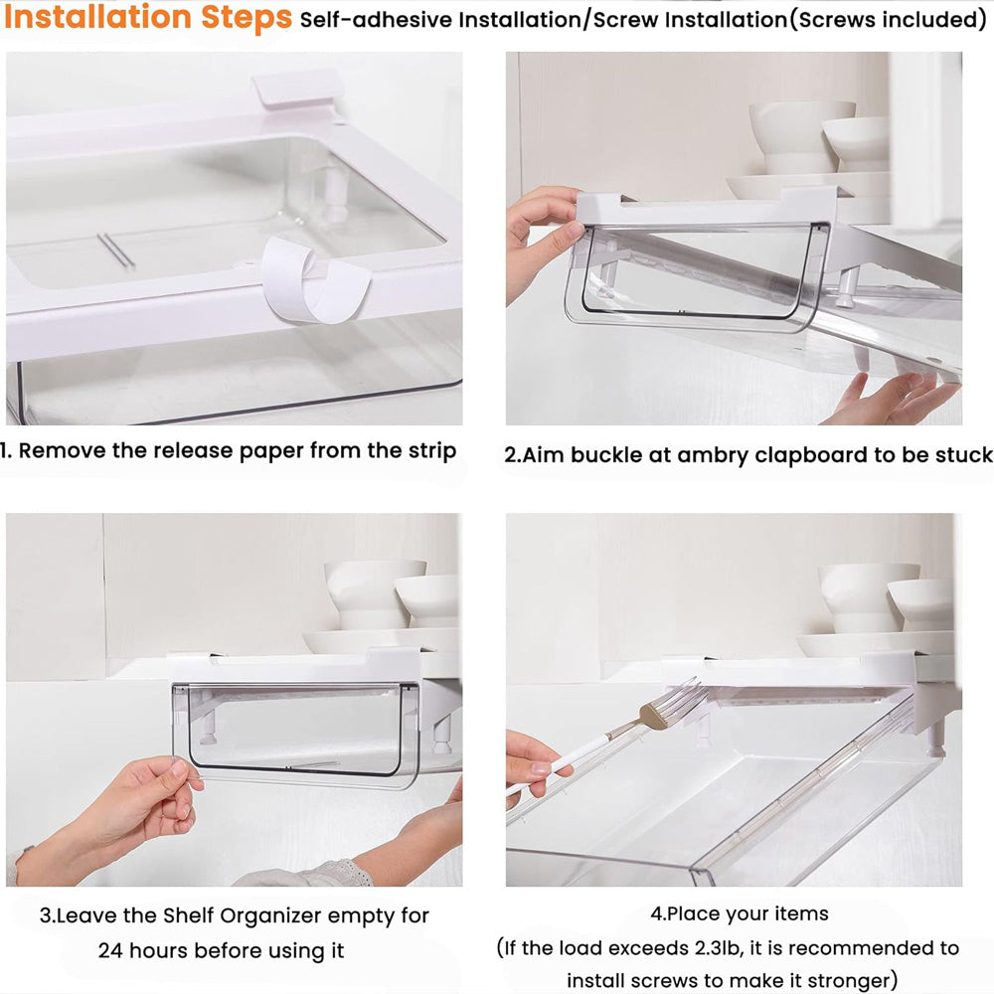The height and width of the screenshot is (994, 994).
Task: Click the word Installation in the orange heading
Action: coord(97,17)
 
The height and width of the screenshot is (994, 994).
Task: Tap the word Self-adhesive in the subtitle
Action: coord(377,20)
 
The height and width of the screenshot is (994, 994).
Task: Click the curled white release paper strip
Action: coord(314,279)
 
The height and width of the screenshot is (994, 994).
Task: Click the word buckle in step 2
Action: coord(606,455)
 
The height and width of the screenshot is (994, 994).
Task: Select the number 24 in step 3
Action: coord(110,951)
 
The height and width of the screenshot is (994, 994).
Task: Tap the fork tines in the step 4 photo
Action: coord(682,698)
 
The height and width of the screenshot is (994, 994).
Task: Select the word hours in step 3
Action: coord(158,951)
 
